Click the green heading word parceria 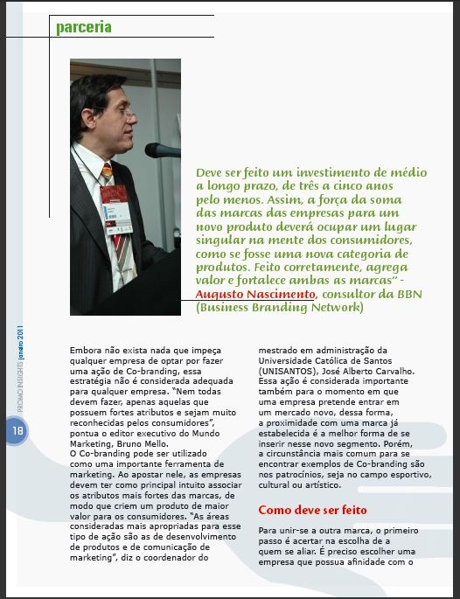84,27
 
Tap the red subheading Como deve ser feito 312,509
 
